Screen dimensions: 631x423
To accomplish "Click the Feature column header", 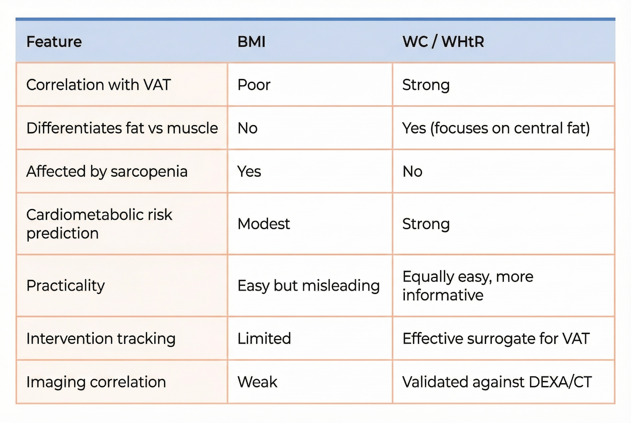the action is [x=54, y=42].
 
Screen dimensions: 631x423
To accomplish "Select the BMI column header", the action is [x=251, y=42].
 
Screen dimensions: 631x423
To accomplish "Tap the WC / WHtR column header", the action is [x=443, y=42].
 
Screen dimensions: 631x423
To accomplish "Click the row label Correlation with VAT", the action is [x=99, y=85].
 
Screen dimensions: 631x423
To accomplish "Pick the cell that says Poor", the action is [x=254, y=85].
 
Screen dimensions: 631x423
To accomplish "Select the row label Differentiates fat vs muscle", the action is [x=122, y=128].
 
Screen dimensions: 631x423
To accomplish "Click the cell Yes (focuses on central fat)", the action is [x=496, y=129].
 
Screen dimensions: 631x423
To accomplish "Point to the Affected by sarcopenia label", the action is [x=107, y=171].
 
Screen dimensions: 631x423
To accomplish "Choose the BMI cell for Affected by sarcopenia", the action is [x=249, y=171].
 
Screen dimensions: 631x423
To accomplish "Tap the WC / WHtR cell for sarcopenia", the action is [x=413, y=171].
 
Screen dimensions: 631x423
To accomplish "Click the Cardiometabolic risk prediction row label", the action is [x=99, y=224].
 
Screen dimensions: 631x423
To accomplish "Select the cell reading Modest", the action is [x=264, y=224].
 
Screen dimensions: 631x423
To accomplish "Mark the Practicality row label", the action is [x=66, y=286].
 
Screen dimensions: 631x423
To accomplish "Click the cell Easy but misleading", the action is [x=308, y=286].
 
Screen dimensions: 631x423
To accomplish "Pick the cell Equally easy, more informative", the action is [x=467, y=286].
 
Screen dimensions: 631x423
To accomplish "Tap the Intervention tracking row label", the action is [x=101, y=338].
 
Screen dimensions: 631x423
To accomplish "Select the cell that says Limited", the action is [x=264, y=338].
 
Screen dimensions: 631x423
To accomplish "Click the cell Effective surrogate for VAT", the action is [x=496, y=338].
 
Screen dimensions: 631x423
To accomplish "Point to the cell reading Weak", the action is [x=257, y=382].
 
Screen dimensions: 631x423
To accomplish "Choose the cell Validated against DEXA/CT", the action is [x=497, y=382].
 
